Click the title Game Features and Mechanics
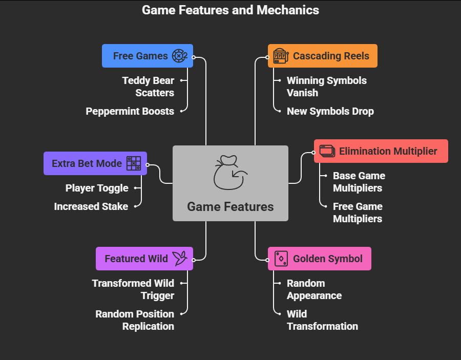[230, 10]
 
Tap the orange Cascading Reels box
[322, 56]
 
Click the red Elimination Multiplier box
[381, 151]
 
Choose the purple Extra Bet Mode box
[95, 163]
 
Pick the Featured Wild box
[144, 259]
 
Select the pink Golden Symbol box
[319, 259]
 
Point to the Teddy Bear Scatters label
[148, 87]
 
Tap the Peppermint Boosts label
[130, 111]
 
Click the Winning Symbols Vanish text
[326, 87]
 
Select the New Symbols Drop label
[330, 111]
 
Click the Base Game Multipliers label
[359, 182]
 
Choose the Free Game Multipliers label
[358, 213]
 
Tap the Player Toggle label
[97, 188]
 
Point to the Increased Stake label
[91, 206]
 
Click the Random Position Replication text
[135, 320]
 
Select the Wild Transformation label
[322, 320]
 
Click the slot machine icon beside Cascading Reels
[281, 56]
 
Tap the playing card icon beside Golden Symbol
[281, 259]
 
